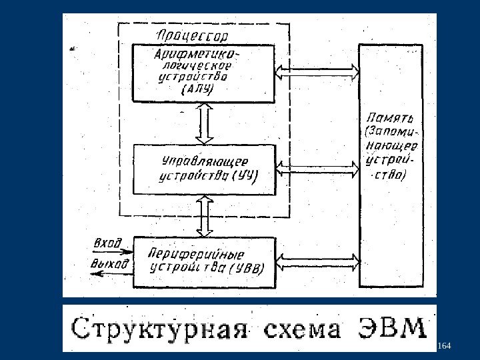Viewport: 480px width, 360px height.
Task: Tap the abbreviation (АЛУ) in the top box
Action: (x=197, y=90)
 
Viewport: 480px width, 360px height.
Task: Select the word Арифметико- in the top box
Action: (x=198, y=53)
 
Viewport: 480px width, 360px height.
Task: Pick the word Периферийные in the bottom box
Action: (x=197, y=254)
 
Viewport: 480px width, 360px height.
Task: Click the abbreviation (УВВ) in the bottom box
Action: (x=246, y=269)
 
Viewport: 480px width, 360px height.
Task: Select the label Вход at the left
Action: (x=109, y=243)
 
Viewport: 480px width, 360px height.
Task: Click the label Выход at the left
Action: (x=109, y=264)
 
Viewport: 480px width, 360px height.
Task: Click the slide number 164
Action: (x=445, y=345)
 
